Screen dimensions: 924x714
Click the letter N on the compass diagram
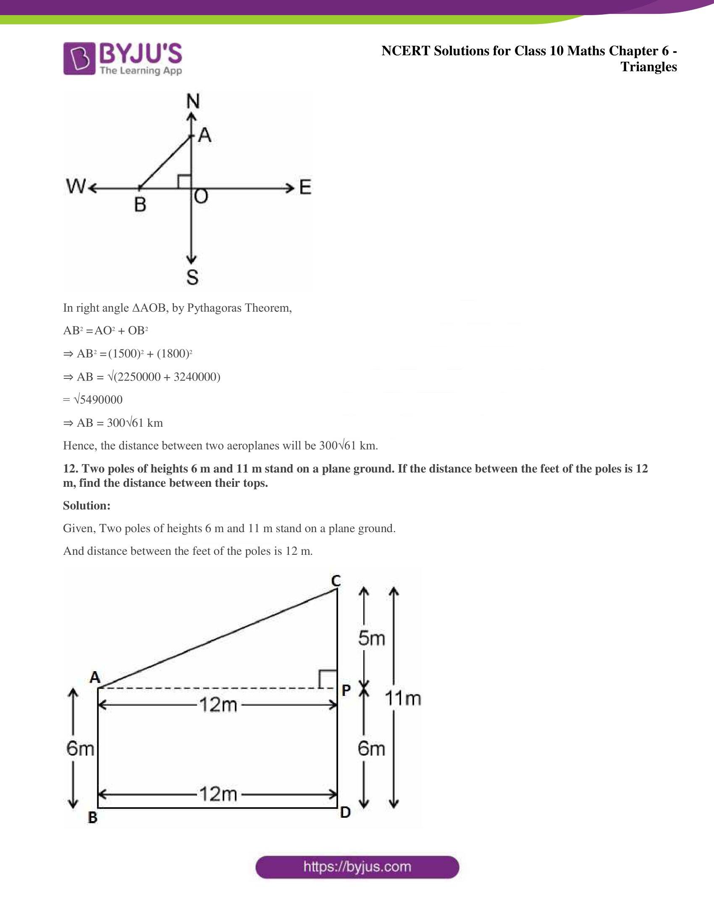tap(193, 102)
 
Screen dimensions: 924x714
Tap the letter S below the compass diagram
tap(192, 278)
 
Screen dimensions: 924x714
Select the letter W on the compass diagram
tap(76, 186)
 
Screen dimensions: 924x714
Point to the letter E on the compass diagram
tap(305, 187)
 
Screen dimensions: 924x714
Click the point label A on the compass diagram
tap(205, 135)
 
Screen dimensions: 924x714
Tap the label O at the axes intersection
tap(201, 196)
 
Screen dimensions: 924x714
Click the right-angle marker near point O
tap(184, 181)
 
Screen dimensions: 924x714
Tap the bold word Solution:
tap(87, 505)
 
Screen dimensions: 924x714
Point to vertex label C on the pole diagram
tap(336, 581)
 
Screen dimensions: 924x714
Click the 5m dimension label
tap(371, 638)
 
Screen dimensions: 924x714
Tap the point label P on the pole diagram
tap(346, 690)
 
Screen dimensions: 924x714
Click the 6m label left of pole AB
tap(80, 749)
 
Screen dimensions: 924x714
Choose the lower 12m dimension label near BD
tap(218, 794)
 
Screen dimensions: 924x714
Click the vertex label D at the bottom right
tap(345, 812)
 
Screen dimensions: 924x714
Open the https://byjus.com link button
tap(357, 867)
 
